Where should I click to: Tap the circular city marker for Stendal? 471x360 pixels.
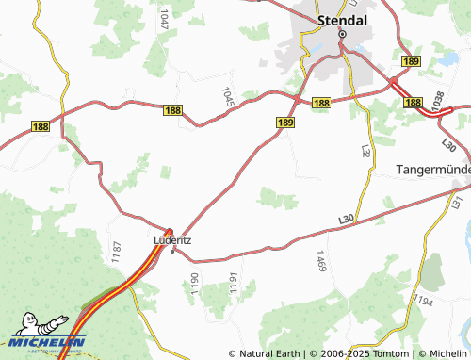click(x=343, y=34)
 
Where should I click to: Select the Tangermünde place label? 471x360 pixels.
click(x=430, y=170)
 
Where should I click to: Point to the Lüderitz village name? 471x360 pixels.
click(x=171, y=239)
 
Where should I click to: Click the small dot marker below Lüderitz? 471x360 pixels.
click(x=171, y=251)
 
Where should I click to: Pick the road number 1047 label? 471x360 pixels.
click(x=165, y=19)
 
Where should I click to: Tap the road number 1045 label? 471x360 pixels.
click(x=226, y=97)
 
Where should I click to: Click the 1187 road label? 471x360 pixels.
click(x=117, y=251)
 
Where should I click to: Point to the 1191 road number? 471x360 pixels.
click(x=232, y=280)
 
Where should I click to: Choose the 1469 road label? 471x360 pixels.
click(x=321, y=263)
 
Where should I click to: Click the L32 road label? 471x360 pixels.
click(x=366, y=150)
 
